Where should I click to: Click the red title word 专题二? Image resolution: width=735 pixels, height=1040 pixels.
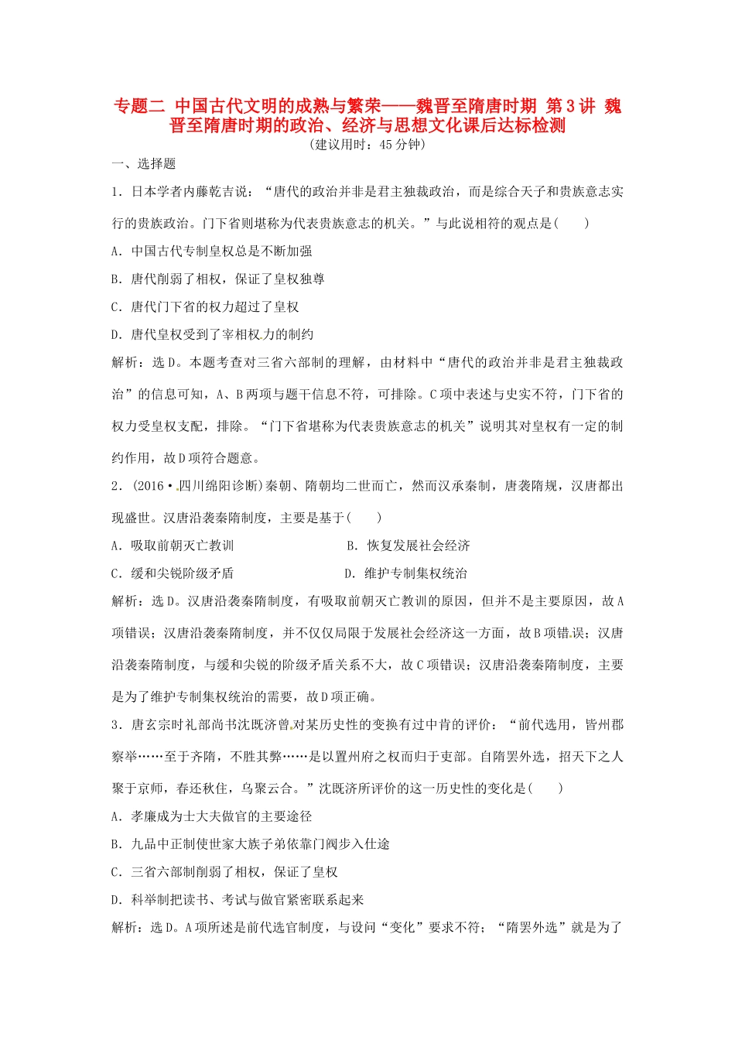139,106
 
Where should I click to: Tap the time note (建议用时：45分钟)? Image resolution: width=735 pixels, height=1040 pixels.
367,145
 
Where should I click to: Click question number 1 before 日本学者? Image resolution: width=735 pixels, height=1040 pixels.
116,192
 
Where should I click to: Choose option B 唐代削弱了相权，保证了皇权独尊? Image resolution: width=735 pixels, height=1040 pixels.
218,279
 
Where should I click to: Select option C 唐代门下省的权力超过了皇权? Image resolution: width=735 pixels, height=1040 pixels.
205,306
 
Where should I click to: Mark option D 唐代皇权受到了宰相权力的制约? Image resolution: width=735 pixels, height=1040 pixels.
212,334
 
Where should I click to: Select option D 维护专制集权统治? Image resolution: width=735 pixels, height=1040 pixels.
405,573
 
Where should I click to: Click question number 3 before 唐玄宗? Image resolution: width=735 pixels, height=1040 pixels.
116,725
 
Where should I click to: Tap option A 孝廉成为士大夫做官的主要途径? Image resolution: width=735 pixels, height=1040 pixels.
212,816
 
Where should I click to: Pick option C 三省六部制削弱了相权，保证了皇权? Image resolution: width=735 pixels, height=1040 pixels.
224,872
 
